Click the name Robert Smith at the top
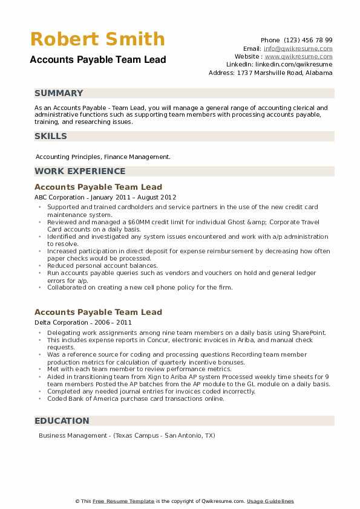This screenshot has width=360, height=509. tap(97, 39)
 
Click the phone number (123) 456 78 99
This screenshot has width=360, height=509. tap(309, 39)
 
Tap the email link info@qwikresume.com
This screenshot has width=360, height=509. tap(298, 48)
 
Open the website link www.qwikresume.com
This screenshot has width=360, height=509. tap(298, 56)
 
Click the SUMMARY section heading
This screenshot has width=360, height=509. tap(59, 93)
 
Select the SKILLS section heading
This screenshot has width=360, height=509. tap(51, 136)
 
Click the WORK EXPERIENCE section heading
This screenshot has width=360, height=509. tap(80, 171)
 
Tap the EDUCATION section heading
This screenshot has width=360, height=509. tap(62, 421)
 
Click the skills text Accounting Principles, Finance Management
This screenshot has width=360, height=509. tap(103, 157)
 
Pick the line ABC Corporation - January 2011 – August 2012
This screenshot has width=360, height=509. tap(105, 197)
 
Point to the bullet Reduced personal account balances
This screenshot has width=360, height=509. tap(102, 265)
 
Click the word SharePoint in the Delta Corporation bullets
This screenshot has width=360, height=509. tap(310, 332)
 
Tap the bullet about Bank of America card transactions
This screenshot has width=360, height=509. tap(136, 398)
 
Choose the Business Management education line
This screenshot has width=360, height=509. tap(126, 435)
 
